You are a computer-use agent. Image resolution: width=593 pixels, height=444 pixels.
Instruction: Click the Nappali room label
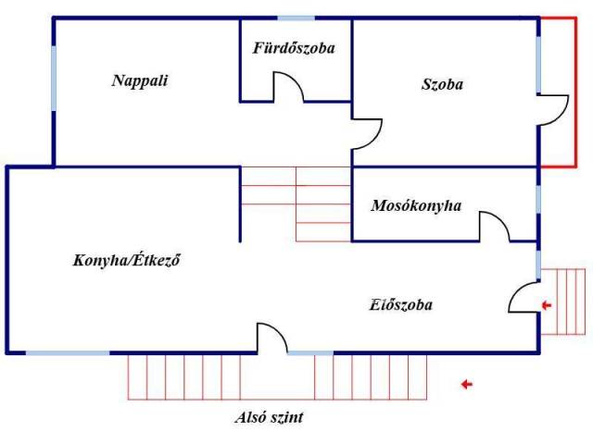pos(140,80)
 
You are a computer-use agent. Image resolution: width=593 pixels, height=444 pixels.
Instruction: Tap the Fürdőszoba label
pos(294,48)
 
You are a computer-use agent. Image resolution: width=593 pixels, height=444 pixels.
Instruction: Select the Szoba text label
pos(442,84)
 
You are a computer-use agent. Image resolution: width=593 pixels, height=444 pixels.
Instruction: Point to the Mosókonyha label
pos(416,206)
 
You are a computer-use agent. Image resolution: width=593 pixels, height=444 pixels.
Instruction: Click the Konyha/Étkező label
pos(126,261)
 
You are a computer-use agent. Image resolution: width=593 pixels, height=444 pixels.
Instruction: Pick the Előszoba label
pos(400,304)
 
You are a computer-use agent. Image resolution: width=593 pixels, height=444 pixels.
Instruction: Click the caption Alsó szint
pos(269,417)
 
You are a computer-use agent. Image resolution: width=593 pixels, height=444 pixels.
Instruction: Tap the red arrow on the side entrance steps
pos(547,305)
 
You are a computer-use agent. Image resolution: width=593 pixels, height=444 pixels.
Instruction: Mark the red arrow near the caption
pos(467,385)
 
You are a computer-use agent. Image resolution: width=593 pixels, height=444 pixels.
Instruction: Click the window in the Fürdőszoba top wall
pos(296,18)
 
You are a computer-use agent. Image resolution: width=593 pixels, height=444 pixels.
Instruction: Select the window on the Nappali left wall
pos(54,79)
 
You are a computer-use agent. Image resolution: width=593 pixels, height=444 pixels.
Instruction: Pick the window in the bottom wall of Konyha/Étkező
pos(68,353)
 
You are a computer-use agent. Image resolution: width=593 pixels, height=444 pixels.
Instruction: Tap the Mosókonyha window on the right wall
pos(538,200)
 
